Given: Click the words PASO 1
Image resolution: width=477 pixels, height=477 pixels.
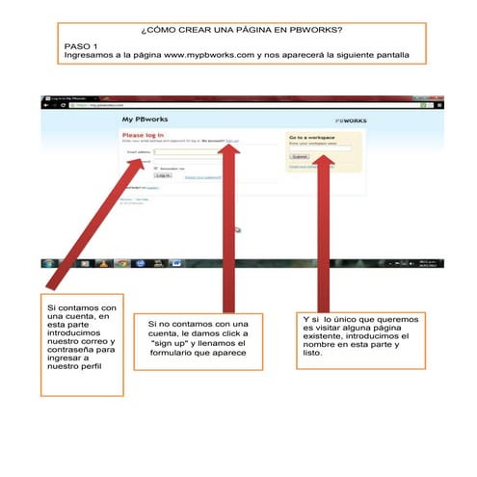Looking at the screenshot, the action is click(82, 46).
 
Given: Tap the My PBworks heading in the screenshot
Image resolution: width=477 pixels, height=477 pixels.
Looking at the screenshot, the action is click(141, 119).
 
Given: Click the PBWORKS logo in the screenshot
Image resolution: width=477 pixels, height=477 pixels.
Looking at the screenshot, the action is click(349, 120).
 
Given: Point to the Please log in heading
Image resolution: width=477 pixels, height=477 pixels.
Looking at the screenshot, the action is click(142, 136).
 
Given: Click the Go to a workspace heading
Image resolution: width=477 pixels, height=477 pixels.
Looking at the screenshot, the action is click(312, 138).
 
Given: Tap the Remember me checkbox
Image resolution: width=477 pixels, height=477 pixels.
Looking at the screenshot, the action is click(157, 168).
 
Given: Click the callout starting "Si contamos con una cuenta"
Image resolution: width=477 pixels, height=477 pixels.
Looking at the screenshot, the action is click(84, 345).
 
